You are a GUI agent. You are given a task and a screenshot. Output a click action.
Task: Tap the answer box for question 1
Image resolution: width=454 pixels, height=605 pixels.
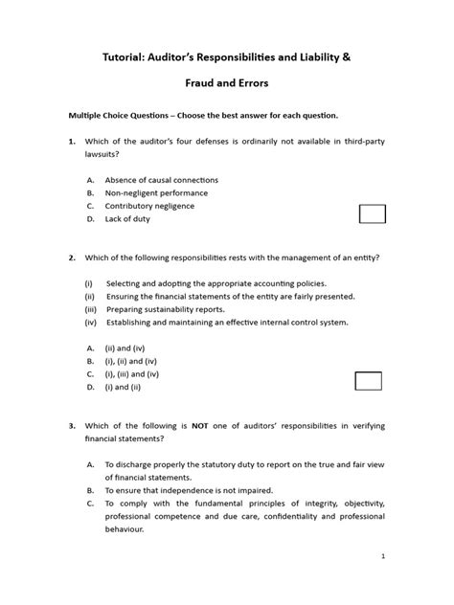pyautogui.click(x=372, y=213)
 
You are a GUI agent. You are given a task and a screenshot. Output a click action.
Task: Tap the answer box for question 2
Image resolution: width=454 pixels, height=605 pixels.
pyautogui.click(x=368, y=381)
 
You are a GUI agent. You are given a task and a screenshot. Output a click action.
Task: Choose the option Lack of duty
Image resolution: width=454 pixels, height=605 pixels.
pyautogui.click(x=127, y=219)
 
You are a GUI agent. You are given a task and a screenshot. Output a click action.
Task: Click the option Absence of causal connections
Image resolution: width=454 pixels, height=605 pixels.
pyautogui.click(x=162, y=179)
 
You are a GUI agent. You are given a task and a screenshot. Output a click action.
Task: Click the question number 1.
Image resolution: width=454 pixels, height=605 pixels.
pyautogui.click(x=72, y=142)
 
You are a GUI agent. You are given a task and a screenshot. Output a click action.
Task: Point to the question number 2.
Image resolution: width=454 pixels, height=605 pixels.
pyautogui.click(x=72, y=258)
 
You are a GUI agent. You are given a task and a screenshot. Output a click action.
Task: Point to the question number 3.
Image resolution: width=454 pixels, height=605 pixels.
pyautogui.click(x=72, y=424)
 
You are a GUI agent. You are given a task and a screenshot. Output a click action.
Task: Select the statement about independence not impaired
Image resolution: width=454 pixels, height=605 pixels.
pyautogui.click(x=182, y=489)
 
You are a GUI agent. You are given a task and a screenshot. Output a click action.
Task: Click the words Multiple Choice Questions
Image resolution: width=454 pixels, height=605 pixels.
pyautogui.click(x=126, y=115)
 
